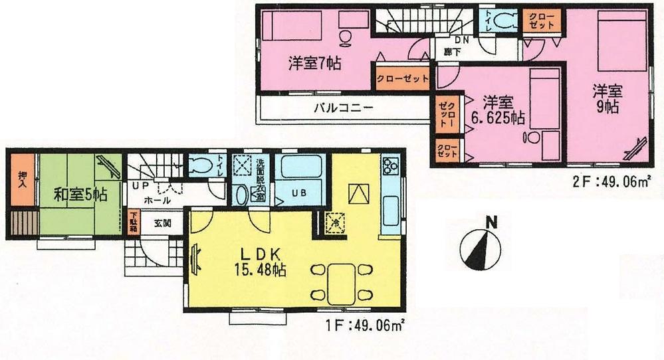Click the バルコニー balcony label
[343, 108]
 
